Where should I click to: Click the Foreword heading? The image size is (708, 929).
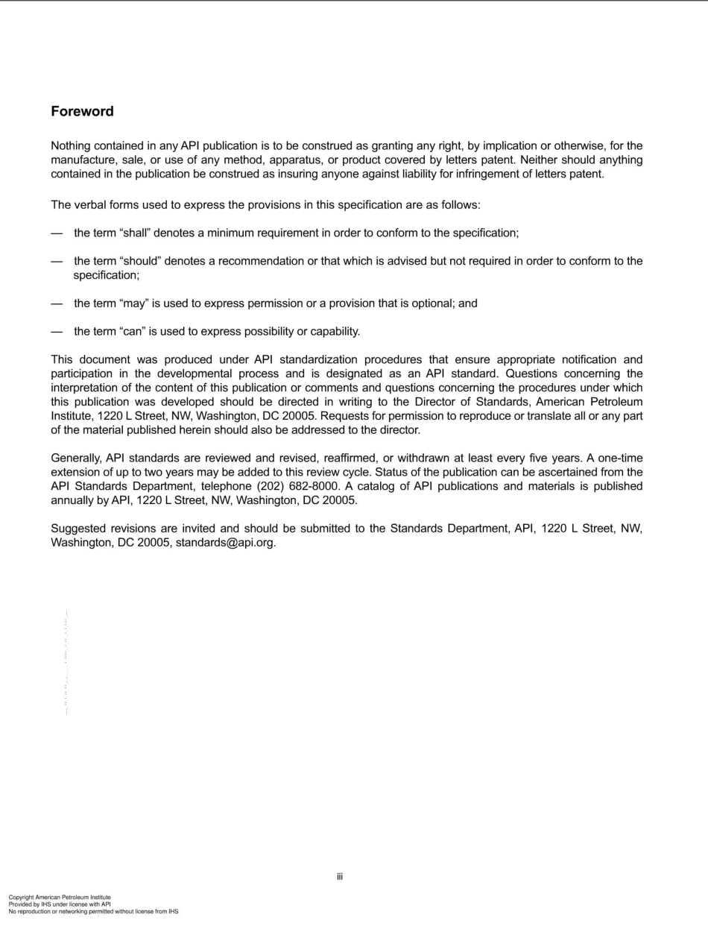(x=82, y=112)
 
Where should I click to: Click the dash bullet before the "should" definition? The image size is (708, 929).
(x=56, y=261)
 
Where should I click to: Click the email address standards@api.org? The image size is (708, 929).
(x=226, y=543)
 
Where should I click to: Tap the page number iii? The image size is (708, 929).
(x=339, y=877)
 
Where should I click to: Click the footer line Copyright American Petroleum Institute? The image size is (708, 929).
(x=60, y=898)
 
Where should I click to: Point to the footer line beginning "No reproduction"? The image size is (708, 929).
(x=93, y=911)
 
